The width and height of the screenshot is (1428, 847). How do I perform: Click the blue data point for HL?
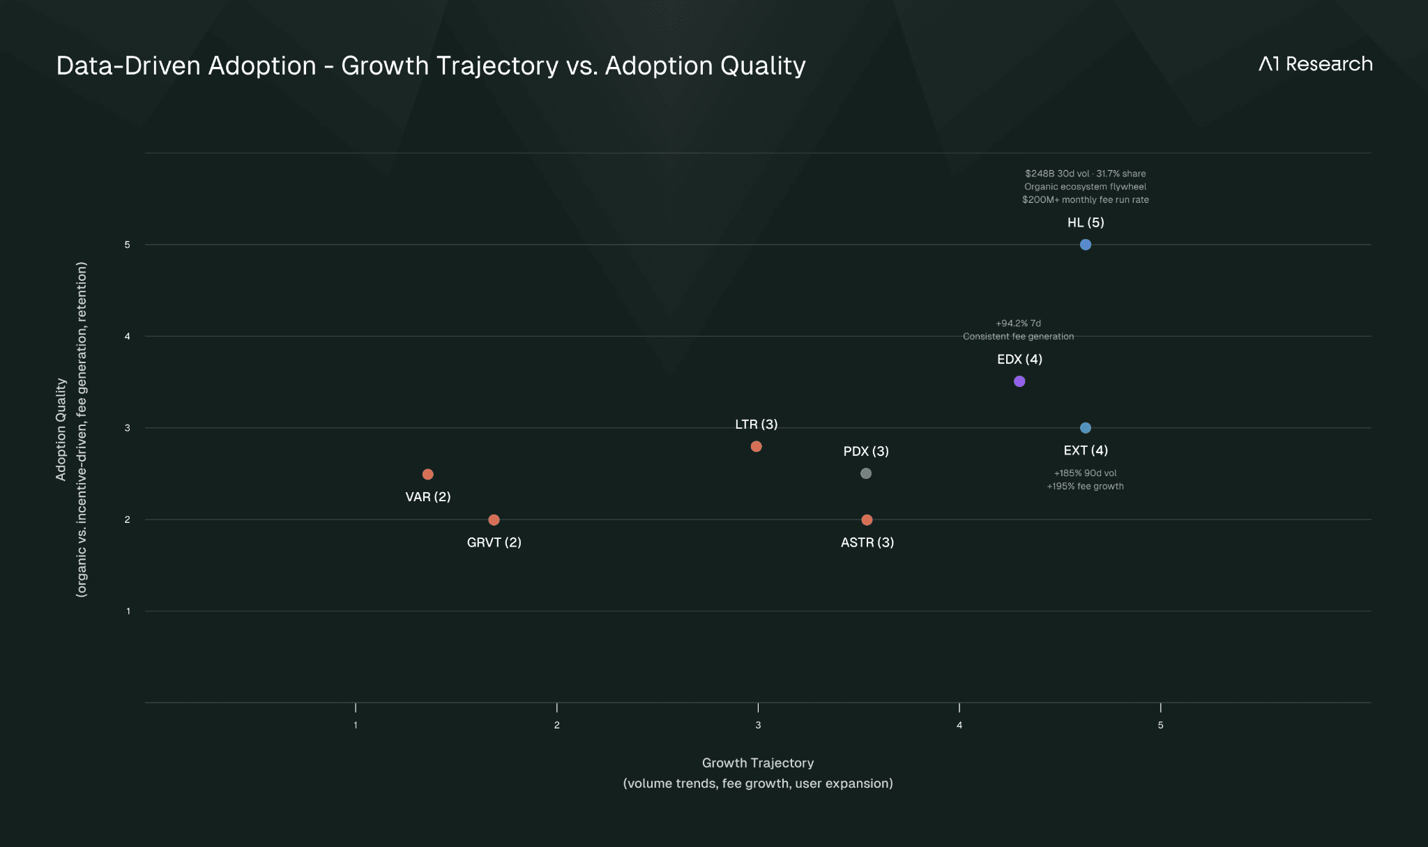(x=1085, y=245)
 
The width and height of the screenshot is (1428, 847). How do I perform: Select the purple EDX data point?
(x=1019, y=381)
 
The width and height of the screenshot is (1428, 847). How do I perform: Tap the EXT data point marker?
(x=1085, y=428)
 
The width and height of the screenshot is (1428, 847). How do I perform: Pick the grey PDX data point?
(x=866, y=473)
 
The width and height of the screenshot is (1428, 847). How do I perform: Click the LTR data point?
(x=756, y=446)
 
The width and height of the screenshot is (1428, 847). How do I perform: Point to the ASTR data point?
(x=867, y=520)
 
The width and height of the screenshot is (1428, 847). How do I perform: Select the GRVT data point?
(x=494, y=520)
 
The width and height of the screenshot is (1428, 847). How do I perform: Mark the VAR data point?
(x=428, y=474)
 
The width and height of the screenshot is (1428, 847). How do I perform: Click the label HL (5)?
(x=1086, y=222)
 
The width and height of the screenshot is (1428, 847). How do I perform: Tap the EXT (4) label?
(x=1086, y=450)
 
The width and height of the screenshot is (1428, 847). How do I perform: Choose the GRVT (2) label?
(x=494, y=542)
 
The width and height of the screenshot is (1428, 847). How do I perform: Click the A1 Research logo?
(x=1315, y=64)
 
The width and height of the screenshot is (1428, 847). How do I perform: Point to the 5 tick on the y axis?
(x=128, y=245)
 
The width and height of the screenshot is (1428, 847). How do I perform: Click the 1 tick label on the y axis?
(x=128, y=611)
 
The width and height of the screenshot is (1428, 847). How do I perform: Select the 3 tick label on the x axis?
(x=758, y=725)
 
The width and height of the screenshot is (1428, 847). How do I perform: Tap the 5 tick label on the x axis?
(x=1160, y=725)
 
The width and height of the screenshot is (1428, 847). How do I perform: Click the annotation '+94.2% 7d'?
(x=1018, y=323)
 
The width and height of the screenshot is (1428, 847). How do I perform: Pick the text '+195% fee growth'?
(x=1085, y=487)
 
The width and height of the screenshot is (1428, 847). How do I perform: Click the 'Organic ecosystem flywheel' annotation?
(x=1085, y=187)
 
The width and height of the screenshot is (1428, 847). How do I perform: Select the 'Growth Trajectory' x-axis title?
(x=758, y=763)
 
